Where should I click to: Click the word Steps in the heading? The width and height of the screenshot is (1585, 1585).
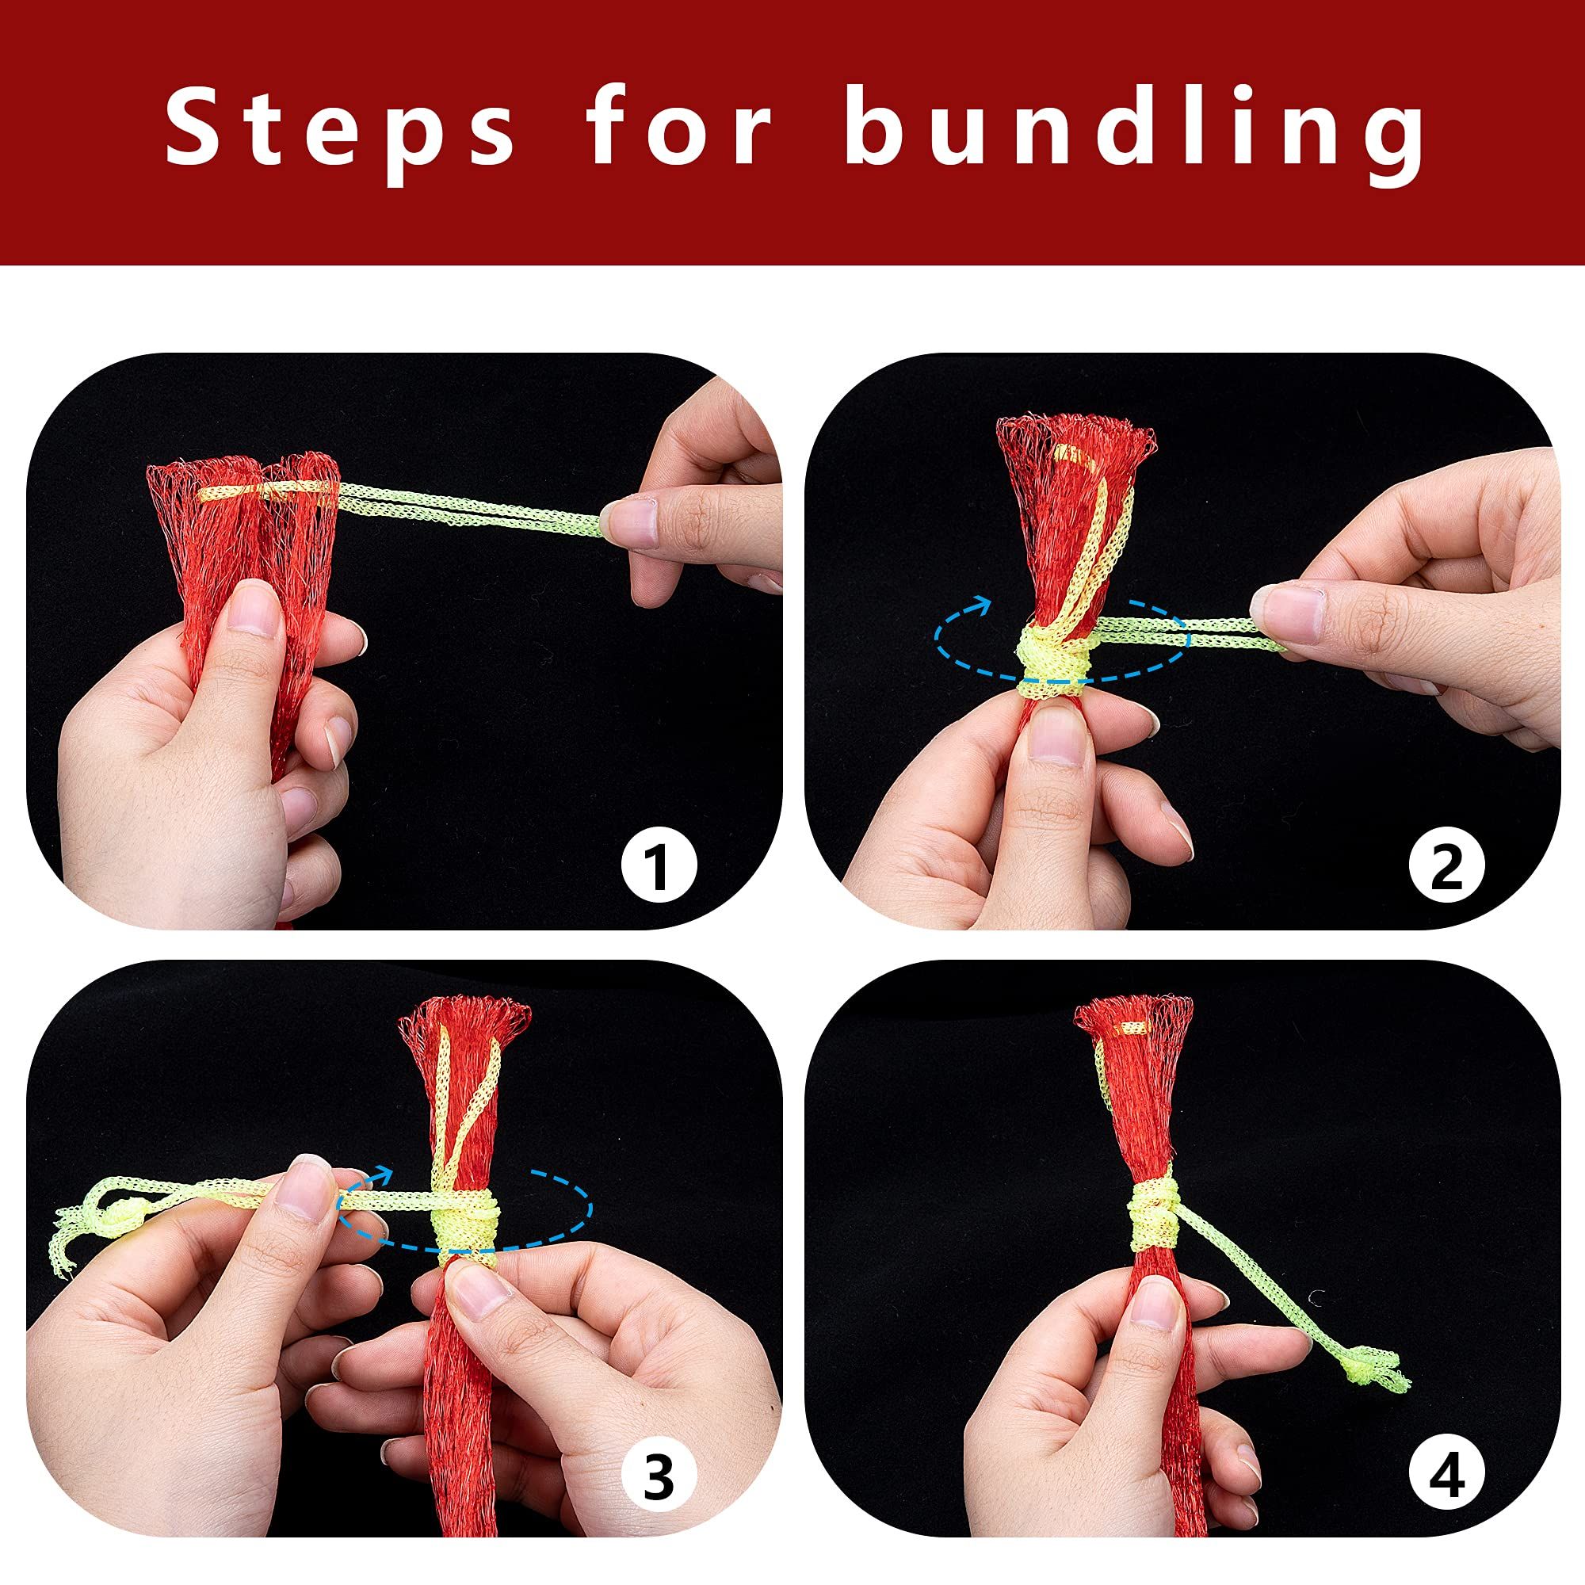coord(341,131)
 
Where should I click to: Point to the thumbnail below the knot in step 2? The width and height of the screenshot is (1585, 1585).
coord(1052,735)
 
